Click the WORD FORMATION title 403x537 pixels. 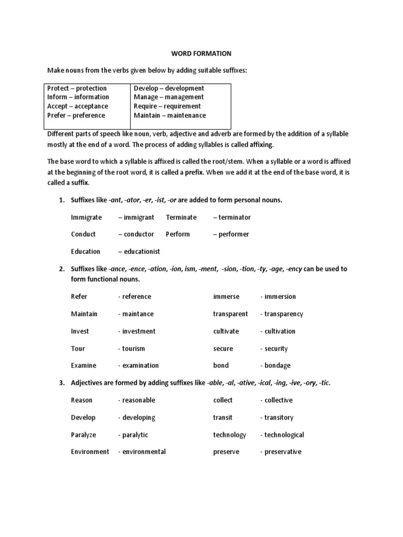(202, 53)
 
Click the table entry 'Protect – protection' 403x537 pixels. (77, 88)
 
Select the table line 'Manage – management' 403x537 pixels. (169, 97)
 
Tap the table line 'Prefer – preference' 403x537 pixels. (76, 115)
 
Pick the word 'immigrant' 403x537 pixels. (139, 217)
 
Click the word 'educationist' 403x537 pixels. (141, 252)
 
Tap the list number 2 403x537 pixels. (61, 269)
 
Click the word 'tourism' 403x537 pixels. (134, 349)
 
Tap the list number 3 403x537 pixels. (61, 383)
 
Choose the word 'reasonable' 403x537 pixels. (139, 400)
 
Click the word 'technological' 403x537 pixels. (284, 435)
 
